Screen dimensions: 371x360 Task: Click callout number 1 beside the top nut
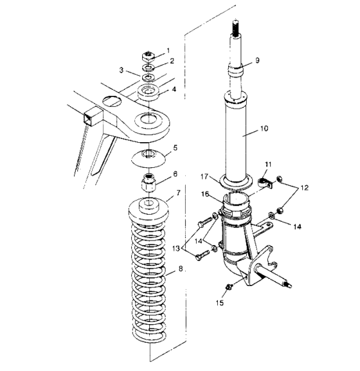[168, 50]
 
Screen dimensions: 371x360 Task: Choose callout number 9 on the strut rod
[256, 60]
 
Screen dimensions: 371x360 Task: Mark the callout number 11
[269, 165]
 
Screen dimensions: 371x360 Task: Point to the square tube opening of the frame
[87, 118]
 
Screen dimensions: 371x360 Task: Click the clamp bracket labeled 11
[265, 185]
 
